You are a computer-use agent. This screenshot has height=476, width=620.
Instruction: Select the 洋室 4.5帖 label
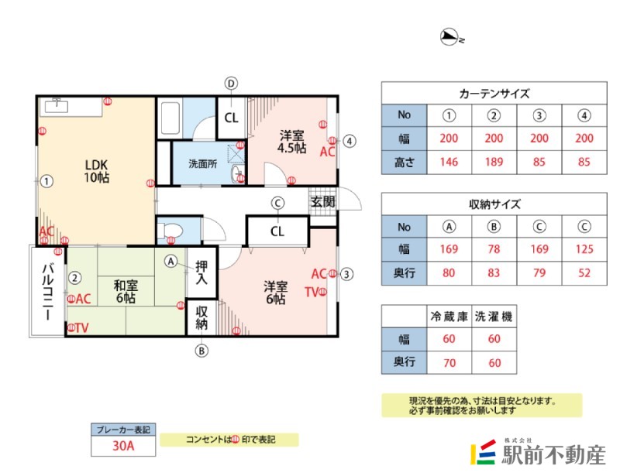[292, 140]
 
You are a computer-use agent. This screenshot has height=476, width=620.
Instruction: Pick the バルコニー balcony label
[46, 291]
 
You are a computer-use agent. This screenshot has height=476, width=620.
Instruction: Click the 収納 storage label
[202, 317]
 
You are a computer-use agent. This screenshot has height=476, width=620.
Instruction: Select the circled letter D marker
[231, 83]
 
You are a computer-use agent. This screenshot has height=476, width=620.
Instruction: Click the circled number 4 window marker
[350, 141]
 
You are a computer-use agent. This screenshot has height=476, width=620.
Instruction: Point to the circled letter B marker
[201, 350]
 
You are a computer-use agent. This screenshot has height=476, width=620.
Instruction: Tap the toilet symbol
[172, 230]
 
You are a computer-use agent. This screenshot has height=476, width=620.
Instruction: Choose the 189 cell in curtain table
[493, 163]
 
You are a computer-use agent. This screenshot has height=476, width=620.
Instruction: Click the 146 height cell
[448, 163]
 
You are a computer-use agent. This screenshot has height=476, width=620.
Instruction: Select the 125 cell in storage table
[584, 249]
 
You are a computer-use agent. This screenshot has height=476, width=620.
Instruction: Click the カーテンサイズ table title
[494, 93]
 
